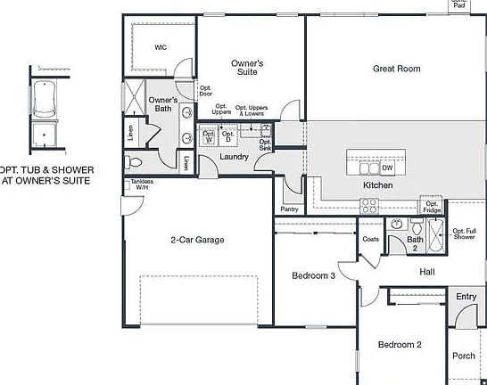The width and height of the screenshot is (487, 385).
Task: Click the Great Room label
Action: pos(396,69)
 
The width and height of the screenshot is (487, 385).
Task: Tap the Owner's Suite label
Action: pos(247,69)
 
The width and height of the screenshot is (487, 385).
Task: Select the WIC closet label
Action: pos(161,47)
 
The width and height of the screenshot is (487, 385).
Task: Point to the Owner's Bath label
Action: pos(163,104)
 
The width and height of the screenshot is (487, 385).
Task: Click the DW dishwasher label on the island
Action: pos(387,168)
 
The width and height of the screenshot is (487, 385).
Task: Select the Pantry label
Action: pos(289,209)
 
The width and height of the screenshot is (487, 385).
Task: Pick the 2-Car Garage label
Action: pos(197,240)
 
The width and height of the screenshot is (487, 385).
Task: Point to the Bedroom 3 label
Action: pos(313,276)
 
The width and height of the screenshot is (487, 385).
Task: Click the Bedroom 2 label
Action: pos(399,345)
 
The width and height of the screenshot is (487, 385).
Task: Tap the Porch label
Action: pos(464,355)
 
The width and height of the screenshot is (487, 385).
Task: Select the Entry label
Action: pos(466,297)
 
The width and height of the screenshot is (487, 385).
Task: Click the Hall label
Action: pos(427,272)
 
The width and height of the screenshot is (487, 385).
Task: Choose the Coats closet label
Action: pos(371,239)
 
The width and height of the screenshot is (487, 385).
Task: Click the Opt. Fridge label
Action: pos(432,207)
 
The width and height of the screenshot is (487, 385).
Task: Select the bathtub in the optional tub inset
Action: pos(44,100)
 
